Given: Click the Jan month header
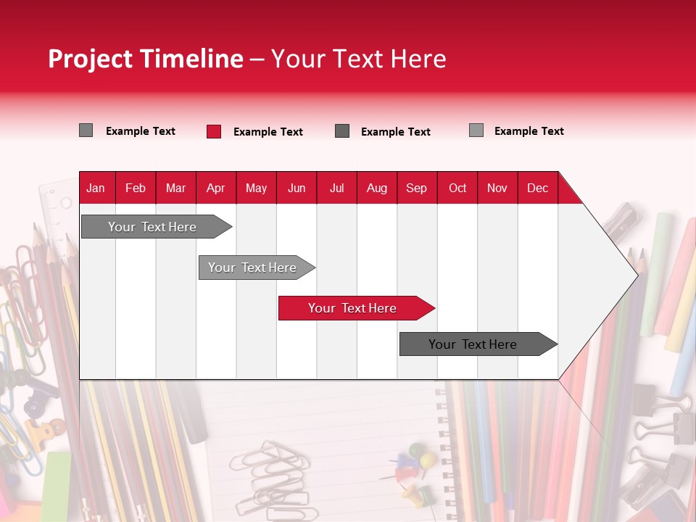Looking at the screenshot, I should tap(96, 188).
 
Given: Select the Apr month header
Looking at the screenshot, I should tap(216, 188).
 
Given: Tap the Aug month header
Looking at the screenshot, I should tap(376, 188).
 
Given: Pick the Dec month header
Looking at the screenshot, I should tap(537, 188).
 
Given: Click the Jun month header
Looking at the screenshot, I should tap(297, 188).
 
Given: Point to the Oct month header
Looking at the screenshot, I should tap(457, 188).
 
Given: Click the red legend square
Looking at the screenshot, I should tap(214, 131).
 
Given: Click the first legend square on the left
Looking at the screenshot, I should tap(86, 130).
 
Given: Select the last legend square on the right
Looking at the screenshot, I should tap(476, 130).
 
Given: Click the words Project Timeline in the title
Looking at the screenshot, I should tap(145, 59).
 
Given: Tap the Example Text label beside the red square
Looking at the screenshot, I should tap(268, 132).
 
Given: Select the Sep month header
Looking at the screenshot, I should tap(416, 188).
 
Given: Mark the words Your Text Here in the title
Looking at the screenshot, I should tap(358, 59).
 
